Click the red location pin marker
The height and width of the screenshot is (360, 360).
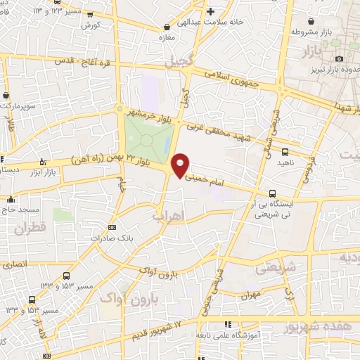pos(181,165)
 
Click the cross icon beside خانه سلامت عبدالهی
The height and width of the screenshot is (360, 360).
pos(210,12)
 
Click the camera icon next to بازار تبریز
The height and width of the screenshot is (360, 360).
pos(340,59)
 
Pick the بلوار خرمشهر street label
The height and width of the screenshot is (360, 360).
pos(150,113)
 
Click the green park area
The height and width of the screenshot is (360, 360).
pos(148,137)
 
